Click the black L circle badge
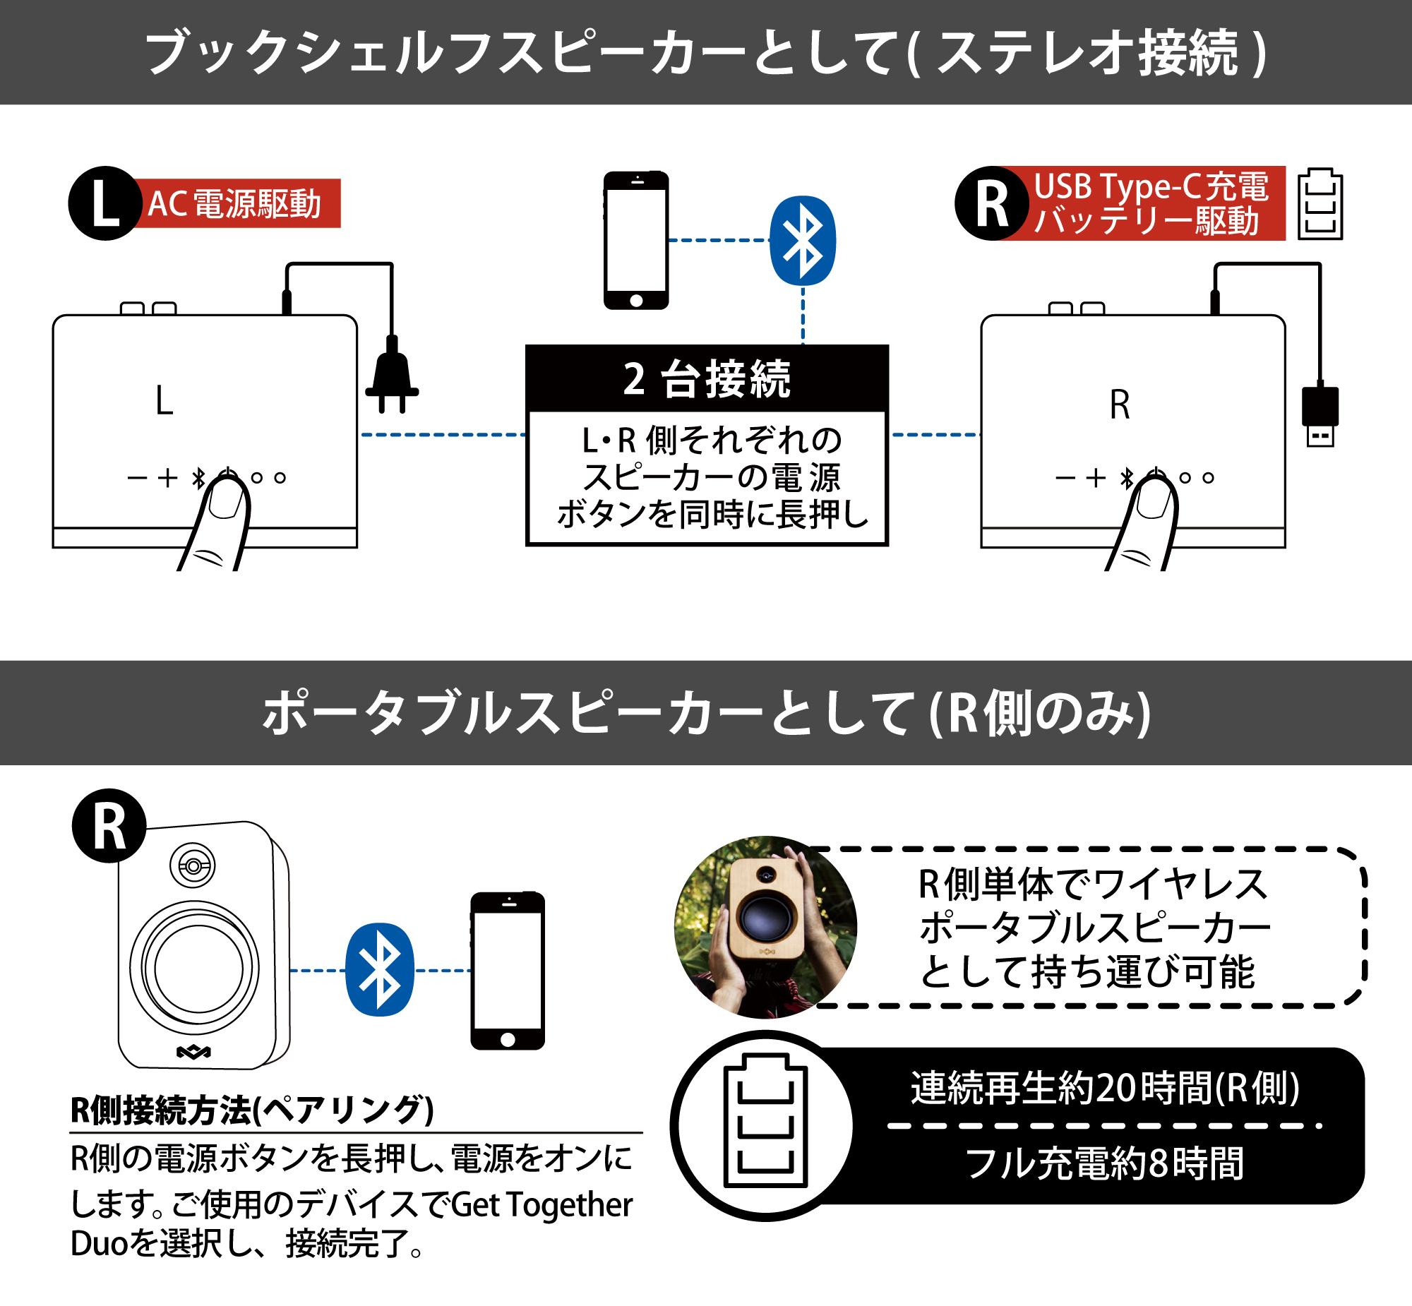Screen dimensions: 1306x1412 coord(104,203)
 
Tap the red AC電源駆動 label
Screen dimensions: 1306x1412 coord(236,203)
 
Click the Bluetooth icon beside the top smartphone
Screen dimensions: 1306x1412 coord(802,241)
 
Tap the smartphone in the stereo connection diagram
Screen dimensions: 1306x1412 coord(636,240)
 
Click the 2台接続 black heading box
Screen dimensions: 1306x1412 coord(707,379)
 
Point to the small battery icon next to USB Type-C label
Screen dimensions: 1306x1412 coord(1320,204)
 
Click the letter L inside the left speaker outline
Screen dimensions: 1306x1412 coord(164,401)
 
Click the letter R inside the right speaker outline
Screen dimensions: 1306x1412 coord(1120,405)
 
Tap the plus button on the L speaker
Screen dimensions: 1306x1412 coord(167,479)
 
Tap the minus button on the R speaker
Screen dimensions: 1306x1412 coord(1065,479)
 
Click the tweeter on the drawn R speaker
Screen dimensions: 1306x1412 coord(193,865)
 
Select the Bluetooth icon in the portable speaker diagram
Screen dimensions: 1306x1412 coord(380,969)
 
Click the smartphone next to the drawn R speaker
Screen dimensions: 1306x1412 coord(508,970)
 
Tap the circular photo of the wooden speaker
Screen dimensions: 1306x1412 coord(765,927)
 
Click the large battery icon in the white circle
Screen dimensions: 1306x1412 coord(765,1121)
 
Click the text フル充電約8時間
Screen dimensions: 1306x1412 coord(1105,1163)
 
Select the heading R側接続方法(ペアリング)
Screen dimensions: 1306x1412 coord(251,1110)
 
